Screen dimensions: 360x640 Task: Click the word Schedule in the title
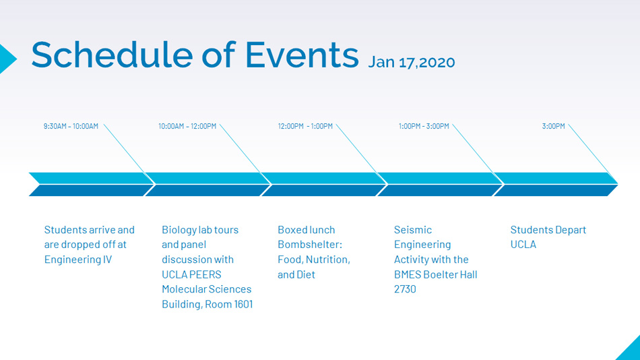pos(113,55)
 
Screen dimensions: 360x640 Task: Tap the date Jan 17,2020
pos(412,63)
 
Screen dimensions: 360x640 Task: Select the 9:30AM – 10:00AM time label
pos(71,126)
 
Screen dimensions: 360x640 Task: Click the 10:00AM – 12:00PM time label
pos(187,126)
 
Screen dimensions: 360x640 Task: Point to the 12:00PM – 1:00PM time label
pos(305,126)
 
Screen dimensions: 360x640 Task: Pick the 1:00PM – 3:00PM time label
pos(424,126)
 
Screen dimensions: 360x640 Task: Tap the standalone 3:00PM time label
pos(553,126)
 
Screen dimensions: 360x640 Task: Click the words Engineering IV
pos(78,260)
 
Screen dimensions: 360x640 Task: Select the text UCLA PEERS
pos(191,274)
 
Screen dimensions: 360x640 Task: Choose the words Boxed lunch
pos(306,230)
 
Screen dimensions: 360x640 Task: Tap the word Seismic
pos(413,230)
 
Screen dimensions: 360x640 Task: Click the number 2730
pos(405,289)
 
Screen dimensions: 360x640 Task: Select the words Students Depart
pos(548,230)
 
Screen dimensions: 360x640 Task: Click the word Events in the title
pos(302,55)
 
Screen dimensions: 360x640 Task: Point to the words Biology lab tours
pos(200,230)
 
